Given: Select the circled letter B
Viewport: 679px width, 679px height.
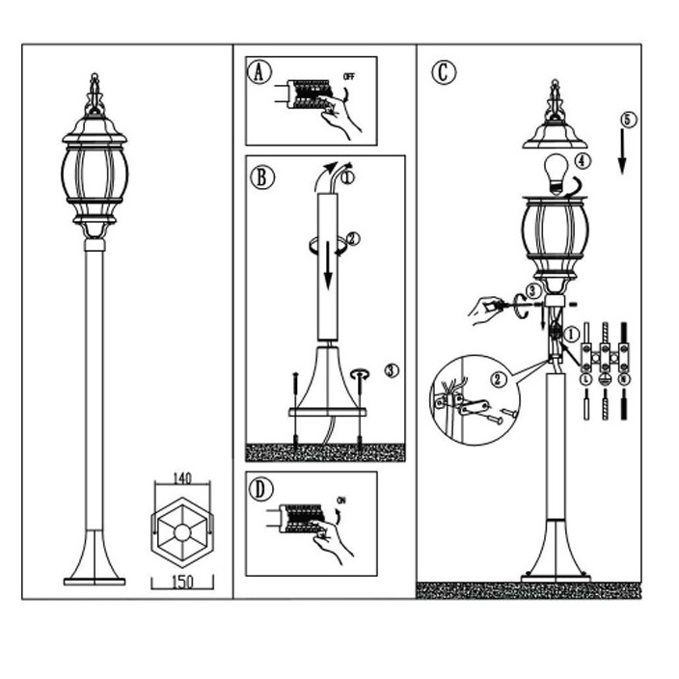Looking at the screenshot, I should tap(261, 177).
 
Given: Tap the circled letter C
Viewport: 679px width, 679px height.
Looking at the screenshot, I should tap(443, 72).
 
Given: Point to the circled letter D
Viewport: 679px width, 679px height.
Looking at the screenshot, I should tap(261, 489).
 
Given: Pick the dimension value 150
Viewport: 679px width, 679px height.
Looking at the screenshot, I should tap(180, 583).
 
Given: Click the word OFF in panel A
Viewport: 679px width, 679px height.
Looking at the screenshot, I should tap(349, 74).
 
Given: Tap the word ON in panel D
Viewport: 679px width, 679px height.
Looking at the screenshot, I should tap(341, 502).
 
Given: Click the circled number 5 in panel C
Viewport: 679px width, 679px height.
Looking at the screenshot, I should tap(628, 120).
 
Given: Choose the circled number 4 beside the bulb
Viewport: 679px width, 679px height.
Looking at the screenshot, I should tap(582, 160).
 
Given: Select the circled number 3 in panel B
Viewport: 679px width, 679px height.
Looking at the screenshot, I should tap(390, 369).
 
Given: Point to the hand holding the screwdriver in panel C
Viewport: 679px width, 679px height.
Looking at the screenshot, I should tap(487, 310).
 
